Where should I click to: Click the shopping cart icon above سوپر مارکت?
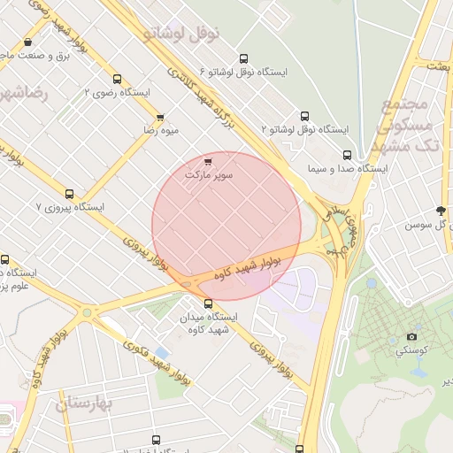coord(208,162)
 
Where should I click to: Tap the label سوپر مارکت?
coord(209,175)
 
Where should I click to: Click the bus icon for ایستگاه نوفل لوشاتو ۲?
coord(305,116)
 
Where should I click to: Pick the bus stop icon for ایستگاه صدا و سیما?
coord(347,155)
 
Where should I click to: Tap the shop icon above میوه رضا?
coord(160,117)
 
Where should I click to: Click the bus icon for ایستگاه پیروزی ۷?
coord(70,194)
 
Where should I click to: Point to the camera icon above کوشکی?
coord(411,336)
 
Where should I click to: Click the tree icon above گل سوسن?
coord(441,211)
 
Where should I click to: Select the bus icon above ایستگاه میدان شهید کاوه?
coord(208,303)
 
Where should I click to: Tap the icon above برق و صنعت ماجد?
coord(29,42)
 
